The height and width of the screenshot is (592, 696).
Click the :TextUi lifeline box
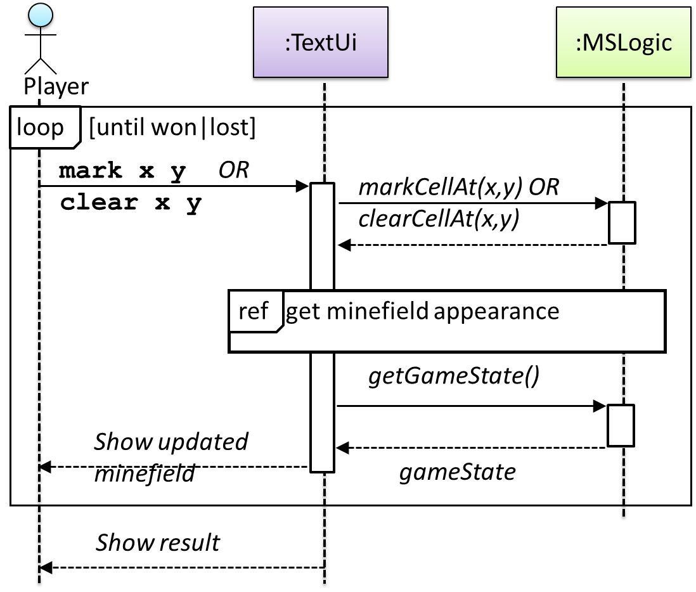coord(324,43)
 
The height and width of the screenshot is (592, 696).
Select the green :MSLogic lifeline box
coord(622,43)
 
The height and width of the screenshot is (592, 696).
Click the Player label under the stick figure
coord(56,86)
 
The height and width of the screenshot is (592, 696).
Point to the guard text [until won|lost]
coord(172,127)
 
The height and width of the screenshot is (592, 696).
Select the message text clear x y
coord(131,203)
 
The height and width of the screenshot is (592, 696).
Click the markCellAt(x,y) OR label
coord(458,188)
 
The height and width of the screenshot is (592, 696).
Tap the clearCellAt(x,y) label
coord(439,219)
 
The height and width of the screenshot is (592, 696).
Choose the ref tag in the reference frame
coord(254,312)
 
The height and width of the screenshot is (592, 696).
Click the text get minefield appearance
coord(422,312)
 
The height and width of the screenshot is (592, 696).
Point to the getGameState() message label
coord(454,376)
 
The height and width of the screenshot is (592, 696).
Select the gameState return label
coord(456,472)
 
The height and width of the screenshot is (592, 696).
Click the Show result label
coord(158,543)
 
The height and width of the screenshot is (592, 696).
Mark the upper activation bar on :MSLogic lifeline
coord(622,222)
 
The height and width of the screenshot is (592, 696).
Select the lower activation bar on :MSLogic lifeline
coord(621,425)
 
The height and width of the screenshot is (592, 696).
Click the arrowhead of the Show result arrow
coord(46,568)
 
